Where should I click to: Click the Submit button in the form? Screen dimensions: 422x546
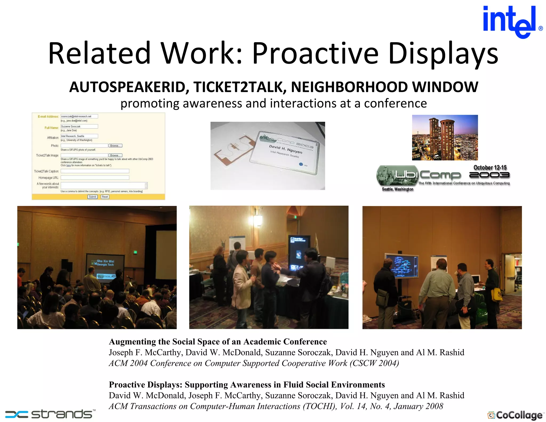(92, 197)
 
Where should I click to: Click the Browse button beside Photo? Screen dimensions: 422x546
(115, 146)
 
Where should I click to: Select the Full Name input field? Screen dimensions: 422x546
(79, 126)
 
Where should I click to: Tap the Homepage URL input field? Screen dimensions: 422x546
(95, 178)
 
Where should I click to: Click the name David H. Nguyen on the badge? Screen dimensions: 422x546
(285, 149)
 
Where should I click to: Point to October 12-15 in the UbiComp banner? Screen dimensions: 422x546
(490, 168)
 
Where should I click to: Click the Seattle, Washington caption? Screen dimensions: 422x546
(397, 189)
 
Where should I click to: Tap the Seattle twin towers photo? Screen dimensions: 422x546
(445, 138)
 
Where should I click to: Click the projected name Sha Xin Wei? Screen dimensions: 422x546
(105, 261)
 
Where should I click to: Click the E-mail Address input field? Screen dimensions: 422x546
(79, 116)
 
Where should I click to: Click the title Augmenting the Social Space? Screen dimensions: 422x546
(218, 342)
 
